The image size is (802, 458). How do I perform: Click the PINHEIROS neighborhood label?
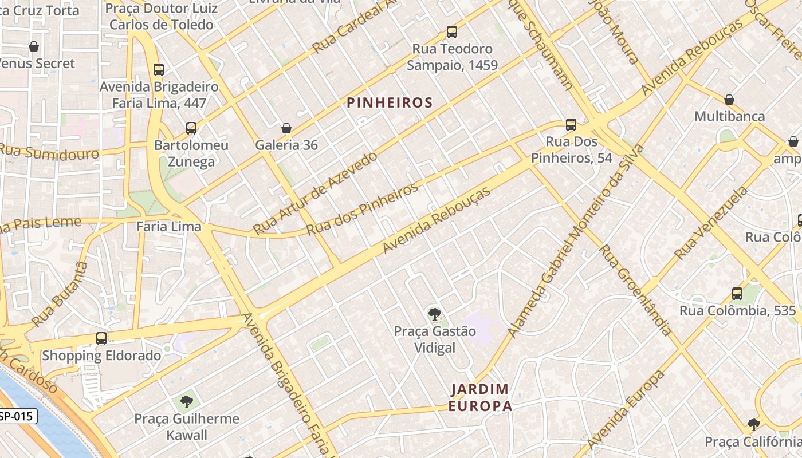389,102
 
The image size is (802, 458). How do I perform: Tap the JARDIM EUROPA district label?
480,398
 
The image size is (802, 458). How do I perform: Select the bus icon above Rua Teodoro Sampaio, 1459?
452,32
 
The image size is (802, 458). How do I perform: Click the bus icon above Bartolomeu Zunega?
191,128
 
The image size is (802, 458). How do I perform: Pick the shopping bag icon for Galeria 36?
286,128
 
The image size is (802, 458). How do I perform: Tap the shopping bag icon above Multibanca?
729,100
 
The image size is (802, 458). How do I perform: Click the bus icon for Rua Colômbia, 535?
737,294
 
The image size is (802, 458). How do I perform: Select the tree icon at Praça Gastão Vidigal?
434,314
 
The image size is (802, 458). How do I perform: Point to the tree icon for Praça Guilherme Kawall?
186,401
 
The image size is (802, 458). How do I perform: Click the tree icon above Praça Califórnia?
754,425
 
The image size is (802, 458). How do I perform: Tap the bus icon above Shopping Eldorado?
101,338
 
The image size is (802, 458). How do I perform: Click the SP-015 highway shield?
18,416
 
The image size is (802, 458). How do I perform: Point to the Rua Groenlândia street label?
635,290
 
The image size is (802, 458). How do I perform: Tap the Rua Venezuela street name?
711,223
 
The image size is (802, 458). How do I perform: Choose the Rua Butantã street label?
60,294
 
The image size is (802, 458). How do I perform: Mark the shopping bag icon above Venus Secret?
34,46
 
